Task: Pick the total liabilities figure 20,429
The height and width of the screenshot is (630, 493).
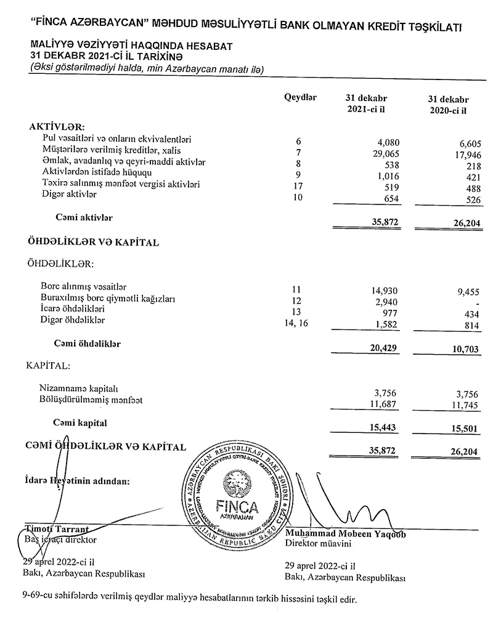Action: (385, 348)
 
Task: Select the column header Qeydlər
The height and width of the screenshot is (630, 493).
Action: (300, 97)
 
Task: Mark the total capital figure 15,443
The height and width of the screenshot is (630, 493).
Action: (385, 426)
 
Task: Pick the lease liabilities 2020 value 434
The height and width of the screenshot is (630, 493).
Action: (469, 314)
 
